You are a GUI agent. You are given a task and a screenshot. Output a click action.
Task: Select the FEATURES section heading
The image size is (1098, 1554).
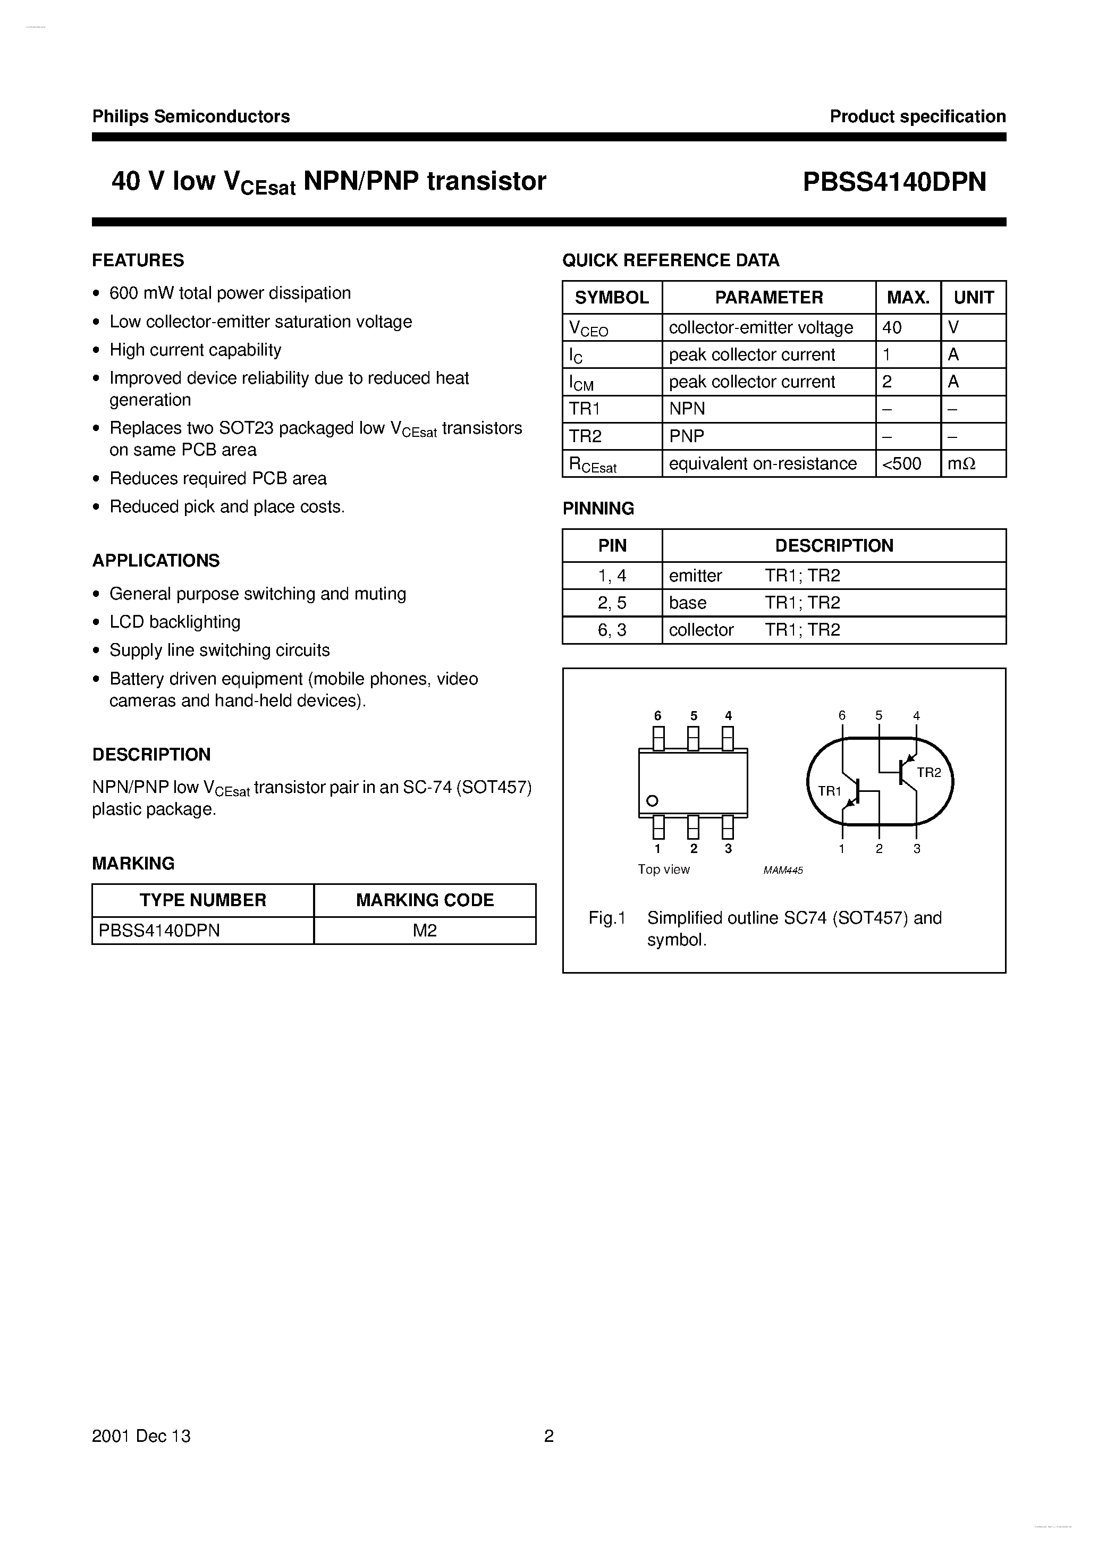click(x=138, y=260)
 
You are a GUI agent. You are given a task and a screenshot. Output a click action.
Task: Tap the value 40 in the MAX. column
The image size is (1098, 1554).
click(x=892, y=327)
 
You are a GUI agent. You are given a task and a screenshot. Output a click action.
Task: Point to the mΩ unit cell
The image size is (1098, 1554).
click(x=961, y=463)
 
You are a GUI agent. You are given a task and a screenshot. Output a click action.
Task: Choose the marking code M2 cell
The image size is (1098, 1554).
click(x=425, y=931)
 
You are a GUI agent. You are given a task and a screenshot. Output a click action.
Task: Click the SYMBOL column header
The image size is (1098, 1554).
click(x=611, y=297)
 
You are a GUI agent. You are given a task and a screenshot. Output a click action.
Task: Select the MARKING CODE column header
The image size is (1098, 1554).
click(x=425, y=900)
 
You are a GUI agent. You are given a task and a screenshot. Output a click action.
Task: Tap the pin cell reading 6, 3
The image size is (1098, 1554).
click(x=612, y=630)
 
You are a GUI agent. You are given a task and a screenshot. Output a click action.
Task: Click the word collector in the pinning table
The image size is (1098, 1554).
click(x=700, y=630)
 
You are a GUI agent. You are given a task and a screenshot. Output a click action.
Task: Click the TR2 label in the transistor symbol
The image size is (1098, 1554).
click(x=929, y=773)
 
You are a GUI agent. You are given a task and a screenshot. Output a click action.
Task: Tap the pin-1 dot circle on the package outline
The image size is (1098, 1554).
click(x=653, y=801)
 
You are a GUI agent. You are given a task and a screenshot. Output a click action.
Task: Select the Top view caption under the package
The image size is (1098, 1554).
click(x=663, y=869)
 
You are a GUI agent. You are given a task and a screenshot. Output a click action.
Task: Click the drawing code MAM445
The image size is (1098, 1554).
click(x=783, y=871)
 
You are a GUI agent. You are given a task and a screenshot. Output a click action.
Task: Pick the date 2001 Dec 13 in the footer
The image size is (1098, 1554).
click(x=141, y=1436)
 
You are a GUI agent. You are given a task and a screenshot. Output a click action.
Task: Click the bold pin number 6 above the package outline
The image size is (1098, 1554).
click(x=657, y=716)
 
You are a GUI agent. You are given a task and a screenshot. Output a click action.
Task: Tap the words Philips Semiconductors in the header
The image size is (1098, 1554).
click(x=191, y=116)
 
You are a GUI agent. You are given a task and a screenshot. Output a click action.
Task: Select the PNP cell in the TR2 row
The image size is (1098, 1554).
click(x=687, y=436)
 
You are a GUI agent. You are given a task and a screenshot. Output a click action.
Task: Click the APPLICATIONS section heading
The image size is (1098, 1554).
click(x=156, y=560)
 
